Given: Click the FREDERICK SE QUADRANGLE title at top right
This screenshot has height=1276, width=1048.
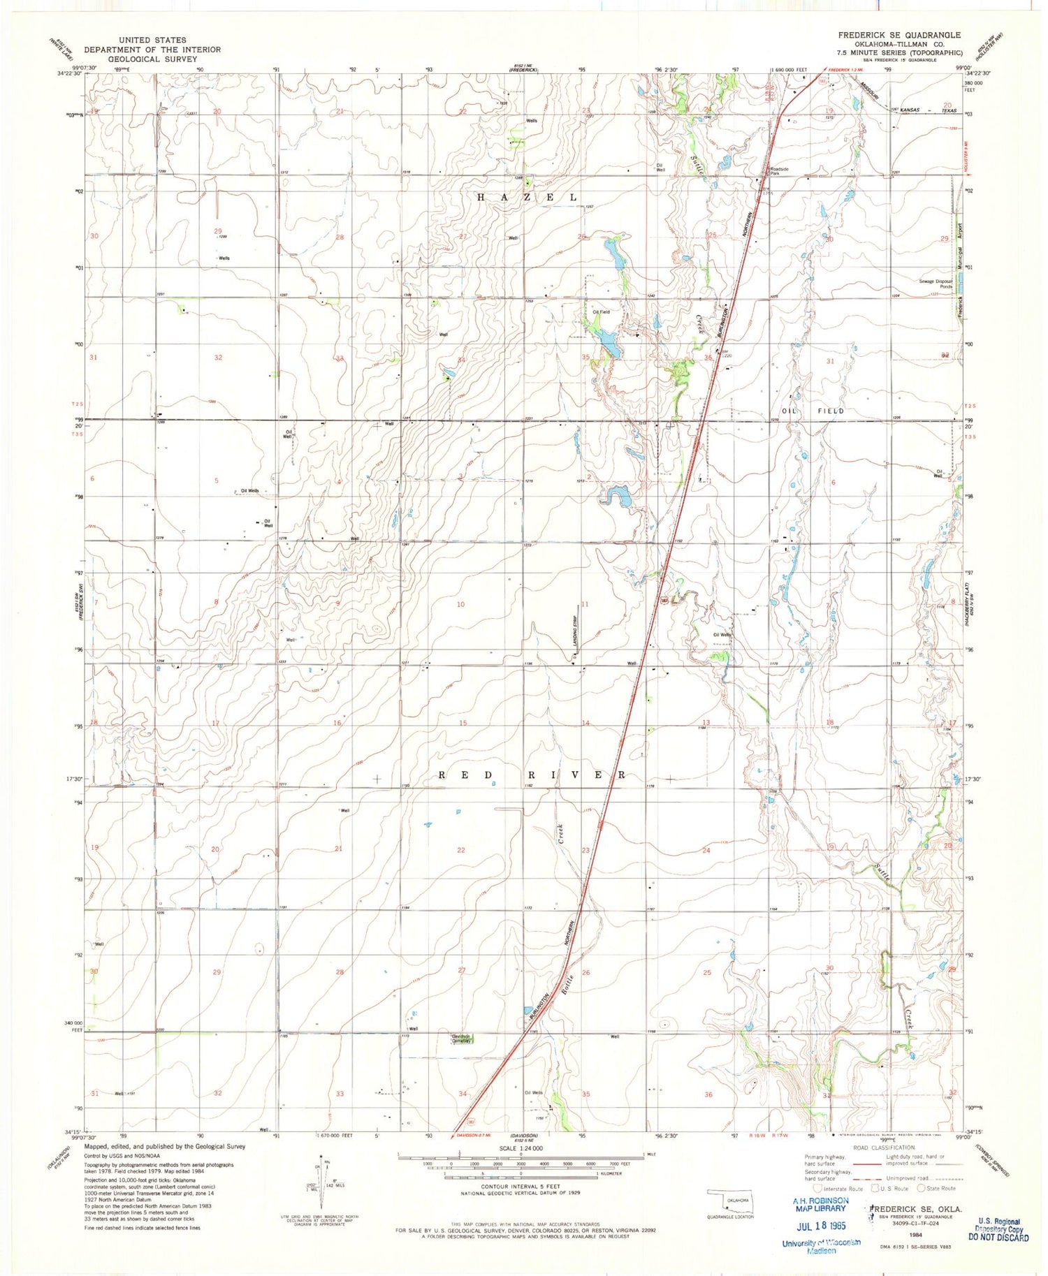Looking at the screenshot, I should (x=899, y=35).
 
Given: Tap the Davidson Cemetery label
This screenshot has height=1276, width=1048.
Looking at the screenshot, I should (x=460, y=1039).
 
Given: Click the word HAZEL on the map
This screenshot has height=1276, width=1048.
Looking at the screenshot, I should (x=527, y=198).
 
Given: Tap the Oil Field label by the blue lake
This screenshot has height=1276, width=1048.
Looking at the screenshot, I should (x=601, y=312).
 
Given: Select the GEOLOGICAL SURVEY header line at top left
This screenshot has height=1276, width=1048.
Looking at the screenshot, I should (x=152, y=59).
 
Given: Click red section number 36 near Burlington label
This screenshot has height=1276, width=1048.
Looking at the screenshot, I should (x=708, y=358).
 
